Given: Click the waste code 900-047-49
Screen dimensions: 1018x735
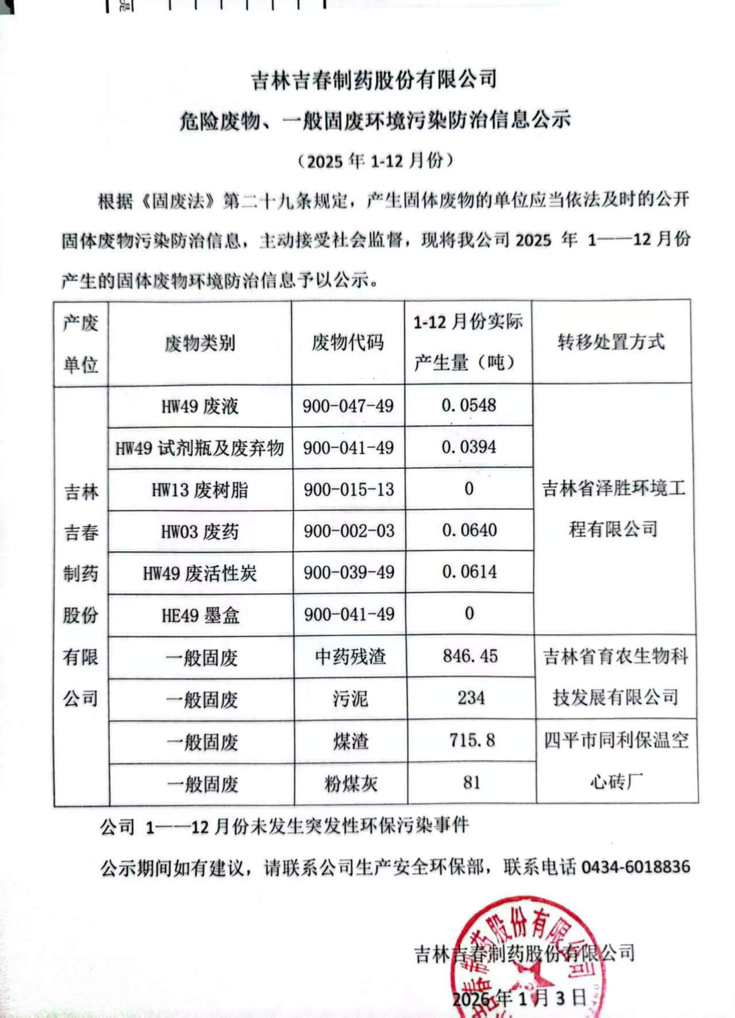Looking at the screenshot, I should (348, 406).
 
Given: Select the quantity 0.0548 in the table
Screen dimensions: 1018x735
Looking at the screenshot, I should (468, 405).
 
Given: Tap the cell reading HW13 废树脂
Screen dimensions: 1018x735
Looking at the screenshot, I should (200, 490).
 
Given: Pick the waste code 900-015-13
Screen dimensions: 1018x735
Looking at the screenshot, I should (349, 489).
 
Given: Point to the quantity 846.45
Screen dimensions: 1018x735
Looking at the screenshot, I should (470, 656).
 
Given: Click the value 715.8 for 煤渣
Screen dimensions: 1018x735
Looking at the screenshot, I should (472, 740).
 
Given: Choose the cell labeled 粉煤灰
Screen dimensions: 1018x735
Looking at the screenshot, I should (351, 783).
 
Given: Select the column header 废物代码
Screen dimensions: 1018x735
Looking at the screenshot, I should (348, 343).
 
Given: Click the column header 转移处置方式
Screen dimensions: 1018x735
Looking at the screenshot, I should (611, 342).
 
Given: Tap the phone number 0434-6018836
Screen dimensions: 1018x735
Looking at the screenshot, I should (636, 866).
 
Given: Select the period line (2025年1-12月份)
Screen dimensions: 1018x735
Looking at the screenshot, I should (376, 161).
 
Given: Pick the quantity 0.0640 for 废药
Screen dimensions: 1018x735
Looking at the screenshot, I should (469, 530).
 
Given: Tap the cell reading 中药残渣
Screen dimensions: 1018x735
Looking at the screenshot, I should (350, 656).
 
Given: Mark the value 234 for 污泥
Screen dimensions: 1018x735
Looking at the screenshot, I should (471, 698).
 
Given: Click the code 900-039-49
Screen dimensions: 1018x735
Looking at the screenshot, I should (349, 573).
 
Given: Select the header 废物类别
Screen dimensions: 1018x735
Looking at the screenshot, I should (200, 343).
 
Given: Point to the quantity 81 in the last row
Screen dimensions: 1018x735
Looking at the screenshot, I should (471, 782).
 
